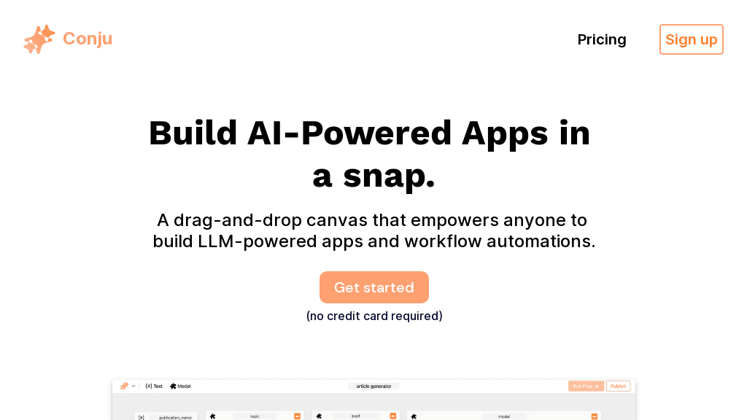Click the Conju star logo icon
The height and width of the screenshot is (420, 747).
click(x=39, y=39)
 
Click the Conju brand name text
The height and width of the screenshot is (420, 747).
click(x=88, y=39)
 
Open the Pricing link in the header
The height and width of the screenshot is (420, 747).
click(x=601, y=39)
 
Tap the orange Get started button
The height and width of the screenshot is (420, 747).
click(x=373, y=287)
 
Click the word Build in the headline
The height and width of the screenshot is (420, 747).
click(x=193, y=133)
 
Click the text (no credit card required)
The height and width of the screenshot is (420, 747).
click(x=373, y=316)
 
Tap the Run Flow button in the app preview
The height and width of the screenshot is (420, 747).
click(x=585, y=386)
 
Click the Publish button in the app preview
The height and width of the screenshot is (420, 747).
click(x=618, y=386)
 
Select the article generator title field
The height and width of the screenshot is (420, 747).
click(x=373, y=386)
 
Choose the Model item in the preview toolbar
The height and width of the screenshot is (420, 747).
click(x=180, y=386)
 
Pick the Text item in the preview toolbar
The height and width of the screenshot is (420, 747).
click(x=154, y=386)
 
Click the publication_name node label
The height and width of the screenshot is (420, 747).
click(x=175, y=417)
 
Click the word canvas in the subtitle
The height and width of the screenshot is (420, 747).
click(x=338, y=220)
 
